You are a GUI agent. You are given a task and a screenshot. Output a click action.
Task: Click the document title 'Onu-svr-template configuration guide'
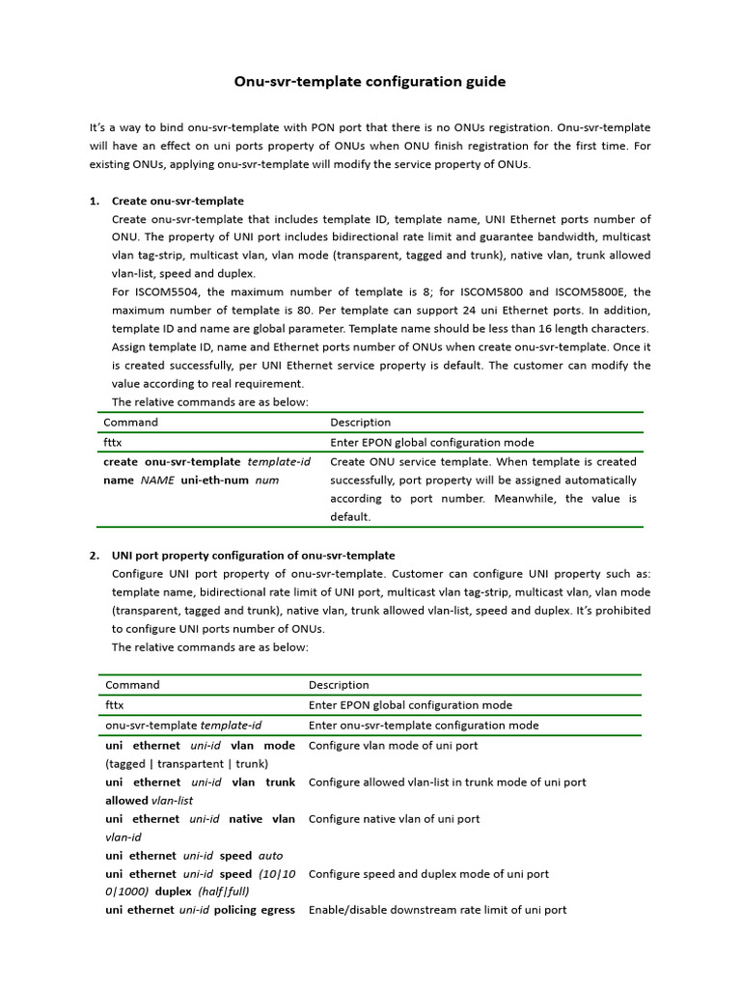[370, 82]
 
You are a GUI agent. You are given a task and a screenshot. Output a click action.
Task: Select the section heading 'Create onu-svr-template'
[178, 201]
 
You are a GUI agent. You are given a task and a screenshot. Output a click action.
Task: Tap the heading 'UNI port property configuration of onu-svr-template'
[253, 555]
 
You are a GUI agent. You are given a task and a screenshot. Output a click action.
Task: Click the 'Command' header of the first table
[130, 423]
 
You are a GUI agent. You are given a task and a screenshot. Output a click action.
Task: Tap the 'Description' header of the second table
[339, 685]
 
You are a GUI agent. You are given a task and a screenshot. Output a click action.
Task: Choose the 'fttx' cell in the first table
[113, 443]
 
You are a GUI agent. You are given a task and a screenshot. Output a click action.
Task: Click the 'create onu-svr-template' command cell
[206, 471]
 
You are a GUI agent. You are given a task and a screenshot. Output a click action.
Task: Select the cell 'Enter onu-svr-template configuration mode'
[424, 726]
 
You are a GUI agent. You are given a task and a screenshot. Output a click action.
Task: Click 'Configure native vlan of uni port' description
[394, 819]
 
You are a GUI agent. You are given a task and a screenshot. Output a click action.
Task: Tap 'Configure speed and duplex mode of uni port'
[428, 874]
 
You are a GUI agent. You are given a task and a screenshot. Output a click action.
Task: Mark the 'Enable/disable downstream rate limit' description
[437, 910]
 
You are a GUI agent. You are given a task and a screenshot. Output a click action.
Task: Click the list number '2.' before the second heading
[95, 555]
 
